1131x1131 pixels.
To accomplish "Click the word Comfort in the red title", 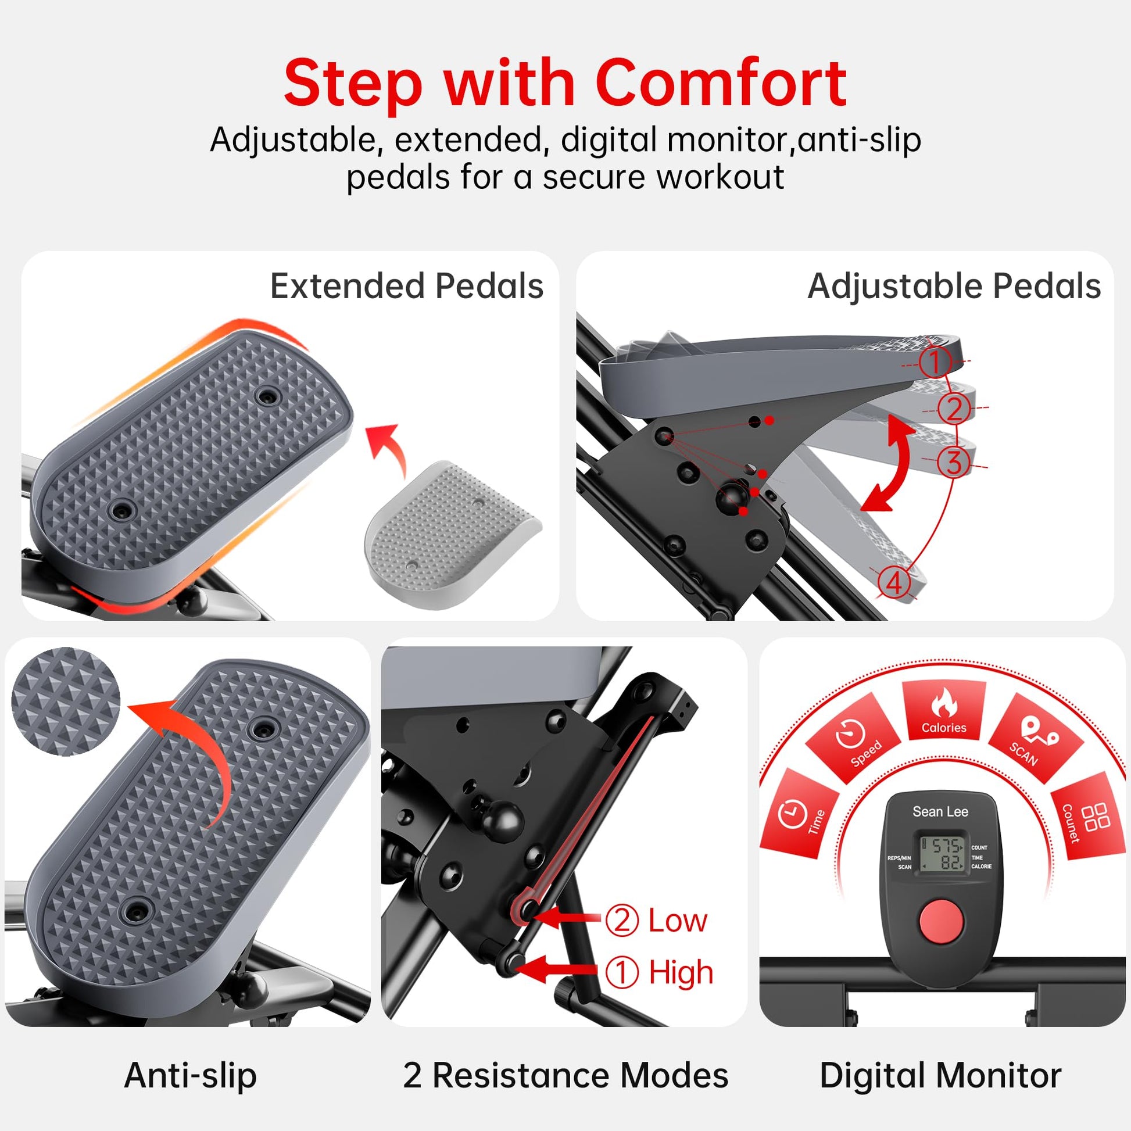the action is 721,83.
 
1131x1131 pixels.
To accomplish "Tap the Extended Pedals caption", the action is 407,287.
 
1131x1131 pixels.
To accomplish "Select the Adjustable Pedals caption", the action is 954,287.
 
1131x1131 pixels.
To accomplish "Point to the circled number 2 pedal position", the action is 954,409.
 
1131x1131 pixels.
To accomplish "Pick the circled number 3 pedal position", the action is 954,463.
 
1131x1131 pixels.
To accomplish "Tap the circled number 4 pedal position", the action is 894,584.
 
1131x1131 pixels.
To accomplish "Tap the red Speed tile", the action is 854,738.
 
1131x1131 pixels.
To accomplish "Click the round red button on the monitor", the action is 941,935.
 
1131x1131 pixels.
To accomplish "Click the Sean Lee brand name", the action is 940,811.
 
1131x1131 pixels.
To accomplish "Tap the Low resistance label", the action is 656,921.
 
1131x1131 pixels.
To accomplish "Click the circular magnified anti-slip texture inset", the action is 66,701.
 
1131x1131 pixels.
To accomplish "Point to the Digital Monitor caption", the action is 940,1076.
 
